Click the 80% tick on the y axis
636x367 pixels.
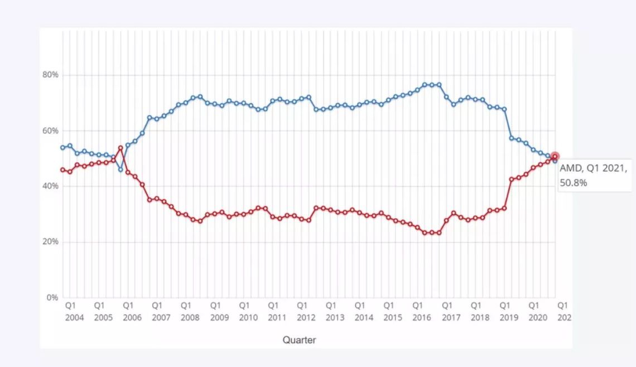pos(51,75)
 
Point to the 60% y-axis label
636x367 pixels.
pos(51,131)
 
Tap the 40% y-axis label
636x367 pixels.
pos(51,186)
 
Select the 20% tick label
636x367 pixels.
pos(51,242)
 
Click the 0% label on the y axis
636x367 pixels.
pos(53,297)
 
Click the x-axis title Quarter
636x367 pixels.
pos(299,340)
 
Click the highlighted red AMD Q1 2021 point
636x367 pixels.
pos(555,157)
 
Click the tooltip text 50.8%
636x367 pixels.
pos(574,182)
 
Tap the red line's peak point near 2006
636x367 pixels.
pos(121,148)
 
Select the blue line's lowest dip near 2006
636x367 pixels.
pos(121,169)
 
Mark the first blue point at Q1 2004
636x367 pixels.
pos(62,147)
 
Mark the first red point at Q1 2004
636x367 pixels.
pos(62,170)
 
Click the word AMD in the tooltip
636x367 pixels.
pos(569,167)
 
